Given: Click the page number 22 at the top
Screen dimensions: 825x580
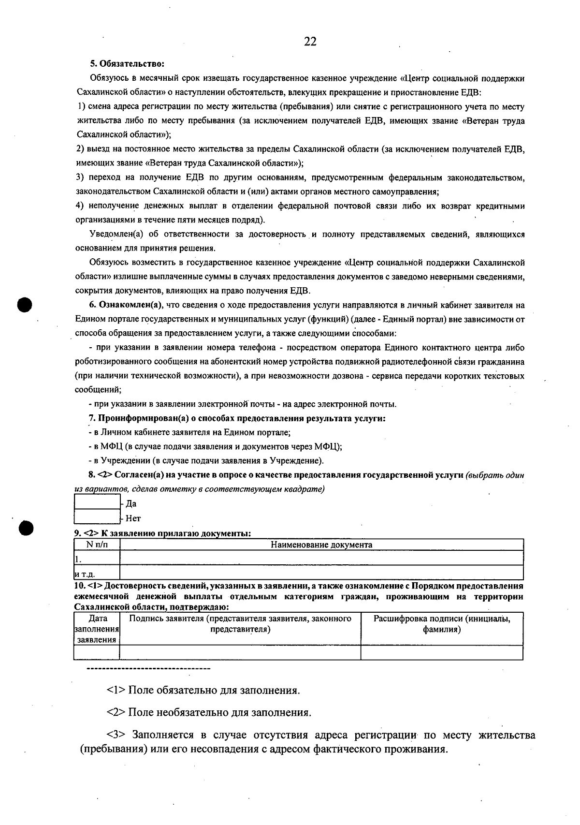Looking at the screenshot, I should pyautogui.click(x=310, y=42).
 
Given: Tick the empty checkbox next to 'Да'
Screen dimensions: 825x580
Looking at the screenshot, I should pyautogui.click(x=97, y=502).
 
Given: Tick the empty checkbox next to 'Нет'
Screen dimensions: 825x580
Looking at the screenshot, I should pyautogui.click(x=97, y=517).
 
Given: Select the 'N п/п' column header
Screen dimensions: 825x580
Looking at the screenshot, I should pyautogui.click(x=97, y=545).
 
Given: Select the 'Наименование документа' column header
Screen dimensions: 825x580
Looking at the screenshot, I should pyautogui.click(x=321, y=545).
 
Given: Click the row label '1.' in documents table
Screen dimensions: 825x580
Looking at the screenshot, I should pyautogui.click(x=78, y=559).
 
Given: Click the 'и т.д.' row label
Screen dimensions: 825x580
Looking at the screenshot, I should pyautogui.click(x=85, y=574).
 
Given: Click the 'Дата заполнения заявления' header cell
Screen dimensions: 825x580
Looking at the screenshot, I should pyautogui.click(x=97, y=629).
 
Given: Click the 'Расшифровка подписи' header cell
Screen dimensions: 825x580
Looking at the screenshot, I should pyautogui.click(x=442, y=624).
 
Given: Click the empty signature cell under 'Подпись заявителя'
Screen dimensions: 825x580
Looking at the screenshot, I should pyautogui.click(x=240, y=652).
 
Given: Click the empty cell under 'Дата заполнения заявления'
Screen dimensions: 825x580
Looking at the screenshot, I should pyautogui.click(x=97, y=652).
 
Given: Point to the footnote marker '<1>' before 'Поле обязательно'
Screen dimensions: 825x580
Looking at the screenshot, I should pyautogui.click(x=116, y=690).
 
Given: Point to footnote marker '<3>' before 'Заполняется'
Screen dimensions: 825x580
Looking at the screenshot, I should pyautogui.click(x=116, y=736).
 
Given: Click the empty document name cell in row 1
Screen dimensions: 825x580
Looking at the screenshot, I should pyautogui.click(x=321, y=559).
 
